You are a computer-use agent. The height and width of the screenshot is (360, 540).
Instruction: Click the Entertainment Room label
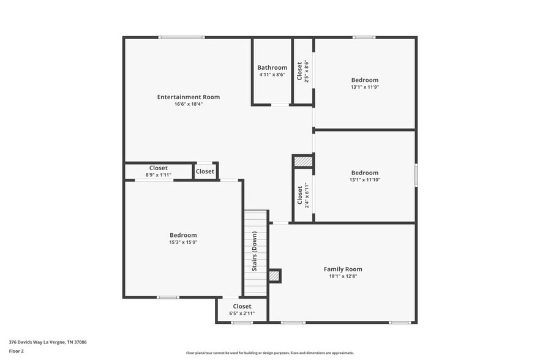pos(188,97)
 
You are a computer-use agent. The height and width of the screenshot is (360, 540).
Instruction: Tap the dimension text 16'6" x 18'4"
pos(188,104)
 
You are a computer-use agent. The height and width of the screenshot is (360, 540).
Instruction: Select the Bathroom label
pos(272,67)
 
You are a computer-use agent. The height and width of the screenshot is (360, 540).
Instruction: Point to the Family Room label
pos(343,269)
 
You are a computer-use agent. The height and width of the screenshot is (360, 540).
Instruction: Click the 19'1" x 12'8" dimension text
pos(343,276)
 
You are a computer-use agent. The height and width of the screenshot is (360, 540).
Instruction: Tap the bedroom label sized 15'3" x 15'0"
pos(183,235)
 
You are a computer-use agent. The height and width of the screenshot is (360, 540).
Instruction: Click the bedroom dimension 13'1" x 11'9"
pos(364,87)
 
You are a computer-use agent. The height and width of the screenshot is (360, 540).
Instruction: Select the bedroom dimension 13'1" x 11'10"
pos(364,180)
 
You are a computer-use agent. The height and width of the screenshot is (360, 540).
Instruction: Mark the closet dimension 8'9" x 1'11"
pos(158,175)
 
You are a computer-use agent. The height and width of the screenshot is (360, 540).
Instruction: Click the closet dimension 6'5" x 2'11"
pos(241,313)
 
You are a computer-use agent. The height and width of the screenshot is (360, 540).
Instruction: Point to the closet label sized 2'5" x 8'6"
pos(299,71)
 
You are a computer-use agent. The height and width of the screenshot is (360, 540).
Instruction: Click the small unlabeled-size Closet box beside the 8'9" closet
pos(205,171)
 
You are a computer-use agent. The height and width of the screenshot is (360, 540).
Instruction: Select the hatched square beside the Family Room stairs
pos(274,276)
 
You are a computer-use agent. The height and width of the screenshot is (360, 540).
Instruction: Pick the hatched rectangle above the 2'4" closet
pos(303,161)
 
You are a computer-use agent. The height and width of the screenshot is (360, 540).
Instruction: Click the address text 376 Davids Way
pos(47,342)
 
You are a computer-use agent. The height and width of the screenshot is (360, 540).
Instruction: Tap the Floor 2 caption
pos(16,351)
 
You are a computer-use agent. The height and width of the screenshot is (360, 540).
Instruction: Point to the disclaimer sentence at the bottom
pos(269,353)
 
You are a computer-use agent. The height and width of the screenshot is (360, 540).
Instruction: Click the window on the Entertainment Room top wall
pos(181,37)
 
